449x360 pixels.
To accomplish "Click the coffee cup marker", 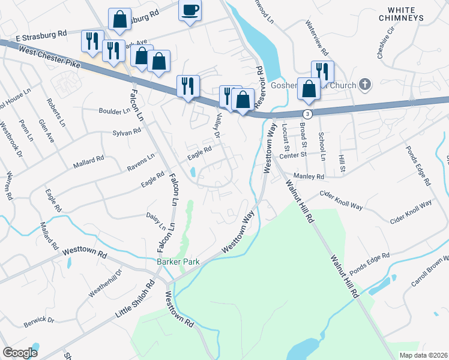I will click(x=190, y=10).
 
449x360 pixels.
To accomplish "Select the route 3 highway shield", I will click(x=307, y=113).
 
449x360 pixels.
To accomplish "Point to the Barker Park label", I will click(x=178, y=262).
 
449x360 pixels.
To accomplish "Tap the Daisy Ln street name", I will click(x=156, y=220).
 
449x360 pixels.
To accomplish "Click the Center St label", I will click(x=293, y=154).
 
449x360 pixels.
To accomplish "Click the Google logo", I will click(x=20, y=353).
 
